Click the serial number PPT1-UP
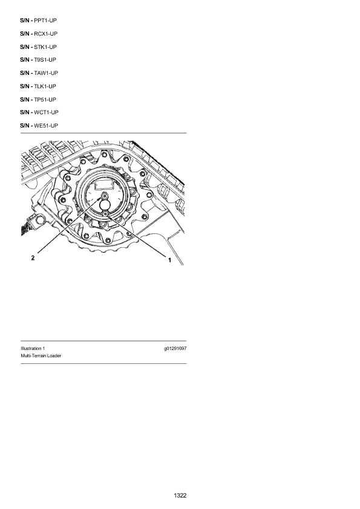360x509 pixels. click(45, 21)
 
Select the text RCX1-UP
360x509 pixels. click(46, 34)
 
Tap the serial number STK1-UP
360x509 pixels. click(45, 47)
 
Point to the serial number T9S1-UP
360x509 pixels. click(45, 60)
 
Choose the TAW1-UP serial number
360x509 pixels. click(46, 73)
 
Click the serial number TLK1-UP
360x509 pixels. click(45, 86)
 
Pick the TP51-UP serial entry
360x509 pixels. click(45, 100)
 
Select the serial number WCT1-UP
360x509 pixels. click(46, 112)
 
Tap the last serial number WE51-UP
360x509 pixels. click(46, 126)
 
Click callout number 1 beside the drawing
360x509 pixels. click(169, 260)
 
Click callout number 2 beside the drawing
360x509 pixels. click(33, 258)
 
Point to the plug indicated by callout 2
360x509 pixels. click(105, 196)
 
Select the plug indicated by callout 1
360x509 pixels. click(105, 213)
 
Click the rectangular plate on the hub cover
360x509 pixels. click(103, 186)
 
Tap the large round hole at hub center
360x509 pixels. click(105, 205)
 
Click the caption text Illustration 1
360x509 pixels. click(33, 349)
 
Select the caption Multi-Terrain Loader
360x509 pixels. click(41, 356)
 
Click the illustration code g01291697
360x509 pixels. click(175, 349)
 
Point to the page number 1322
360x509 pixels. click(180, 495)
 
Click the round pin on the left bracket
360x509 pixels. click(40, 221)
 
